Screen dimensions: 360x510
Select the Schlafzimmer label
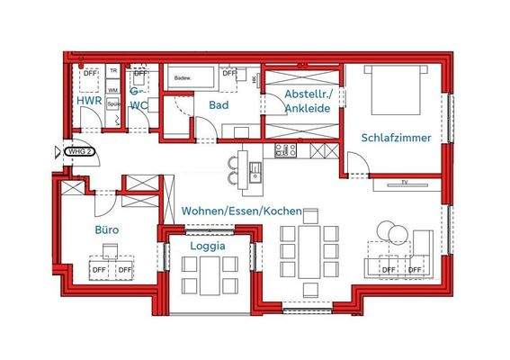pyautogui.click(x=396, y=139)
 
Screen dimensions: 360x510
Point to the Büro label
pyautogui.click(x=108, y=230)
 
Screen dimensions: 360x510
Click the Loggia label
pyautogui.click(x=208, y=245)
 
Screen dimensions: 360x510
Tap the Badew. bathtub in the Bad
pyautogui.click(x=190, y=78)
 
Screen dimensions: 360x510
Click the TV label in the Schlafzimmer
pyautogui.click(x=404, y=184)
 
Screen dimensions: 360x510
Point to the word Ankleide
pyautogui.click(x=306, y=109)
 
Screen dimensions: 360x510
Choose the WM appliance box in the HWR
pyautogui.click(x=113, y=90)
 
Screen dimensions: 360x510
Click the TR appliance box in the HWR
pyautogui.click(x=113, y=70)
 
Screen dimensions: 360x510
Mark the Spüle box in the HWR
pyautogui.click(x=114, y=104)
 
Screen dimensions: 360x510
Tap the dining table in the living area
pyautogui.click(x=310, y=251)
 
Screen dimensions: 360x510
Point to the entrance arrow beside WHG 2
pyautogui.click(x=58, y=151)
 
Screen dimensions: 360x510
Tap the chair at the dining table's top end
pyautogui.click(x=310, y=216)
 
